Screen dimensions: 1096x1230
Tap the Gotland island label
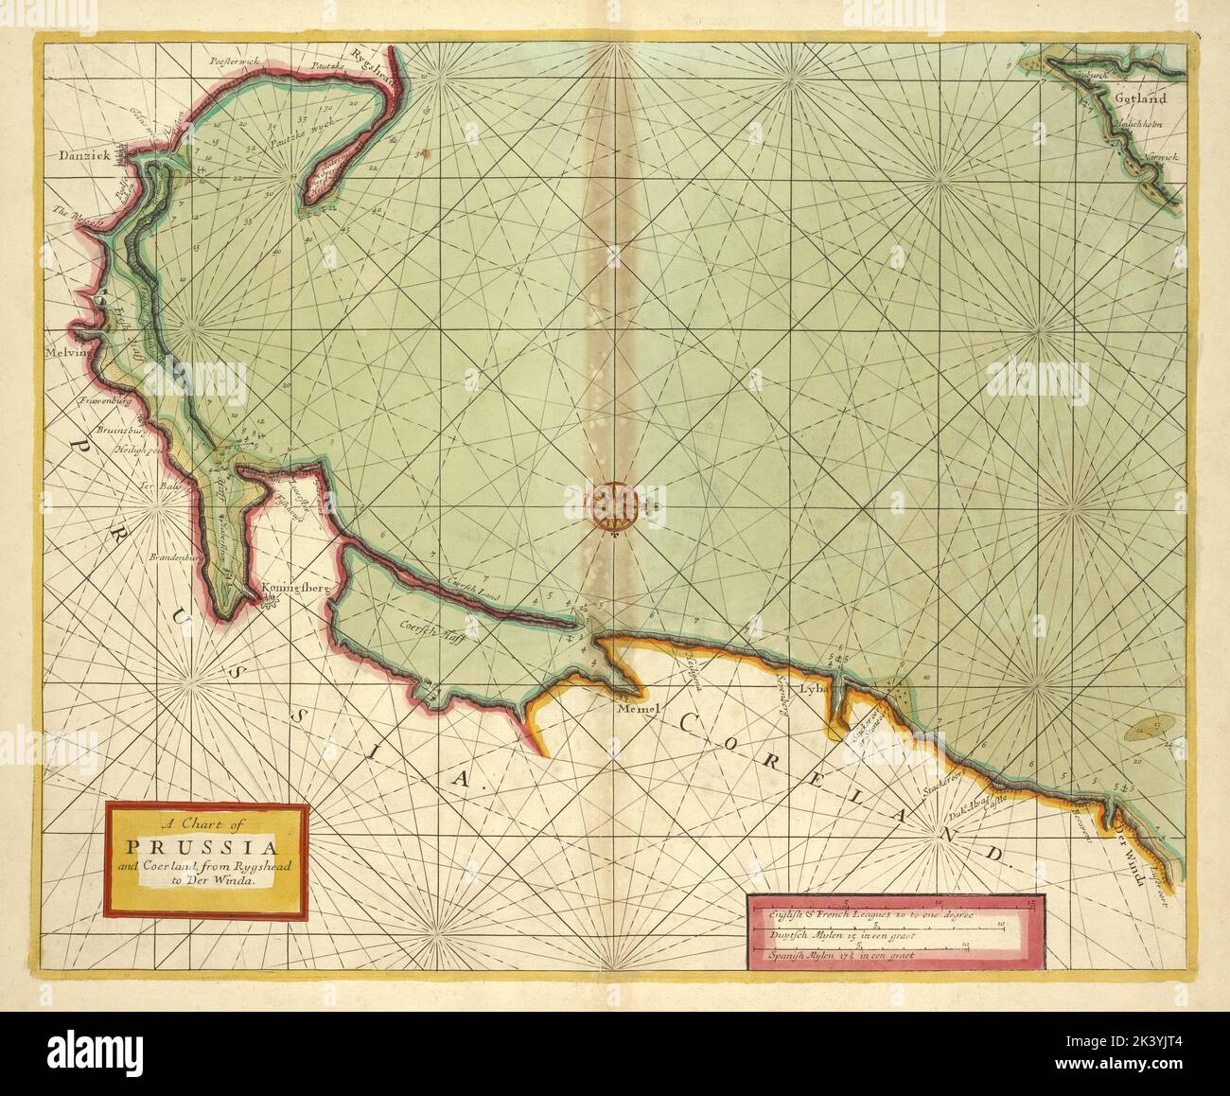(x=1139, y=97)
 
